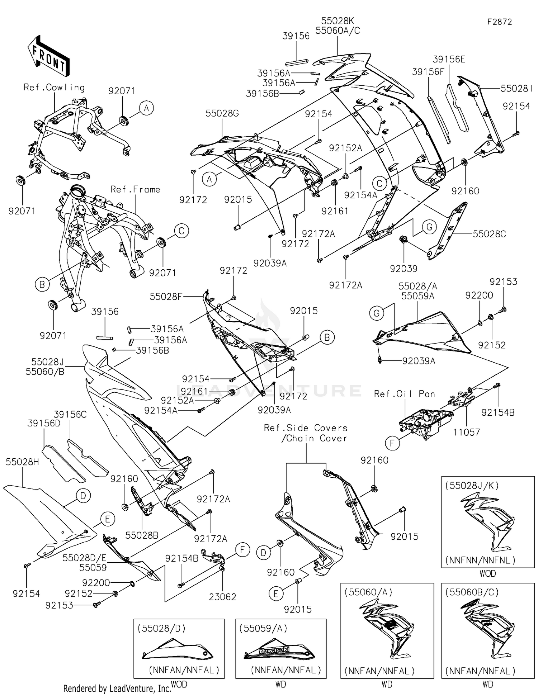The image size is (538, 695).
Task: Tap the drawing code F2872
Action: tap(499, 22)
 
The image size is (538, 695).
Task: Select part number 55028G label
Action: tap(222, 113)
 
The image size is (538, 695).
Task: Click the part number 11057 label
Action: tap(466, 432)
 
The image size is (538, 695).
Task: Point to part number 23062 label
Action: tap(222, 597)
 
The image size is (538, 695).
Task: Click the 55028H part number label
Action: tap(22, 462)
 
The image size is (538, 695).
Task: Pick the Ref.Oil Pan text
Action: tap(404, 394)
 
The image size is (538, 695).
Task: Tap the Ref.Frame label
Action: tap(135, 189)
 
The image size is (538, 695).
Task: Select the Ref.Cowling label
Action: tap(54, 88)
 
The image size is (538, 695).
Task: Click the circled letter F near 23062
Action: tap(242, 550)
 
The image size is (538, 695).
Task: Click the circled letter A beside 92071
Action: tap(146, 108)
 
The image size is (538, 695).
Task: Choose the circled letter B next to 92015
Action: tap(327, 337)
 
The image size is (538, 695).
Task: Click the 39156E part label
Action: tap(449, 59)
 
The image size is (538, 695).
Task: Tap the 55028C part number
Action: tap(489, 234)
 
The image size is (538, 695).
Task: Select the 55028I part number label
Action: tap(516, 89)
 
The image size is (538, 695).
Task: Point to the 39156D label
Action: tap(44, 424)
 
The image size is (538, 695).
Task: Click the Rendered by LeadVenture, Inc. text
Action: tap(117, 688)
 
